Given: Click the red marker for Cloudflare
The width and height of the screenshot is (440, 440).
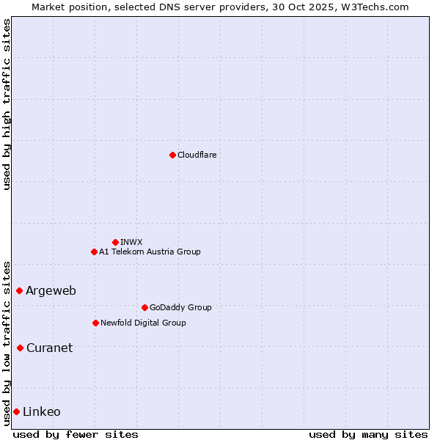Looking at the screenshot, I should (172, 155).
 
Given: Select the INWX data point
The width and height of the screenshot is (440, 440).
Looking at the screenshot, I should (115, 242).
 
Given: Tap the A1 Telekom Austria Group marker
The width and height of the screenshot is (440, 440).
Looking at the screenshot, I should (94, 252).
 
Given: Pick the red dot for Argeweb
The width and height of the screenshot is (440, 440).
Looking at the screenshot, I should (19, 290).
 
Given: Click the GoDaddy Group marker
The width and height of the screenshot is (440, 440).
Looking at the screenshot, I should (144, 307).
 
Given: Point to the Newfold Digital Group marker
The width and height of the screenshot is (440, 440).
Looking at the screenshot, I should (95, 323).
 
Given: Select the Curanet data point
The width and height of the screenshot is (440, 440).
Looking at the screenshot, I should (20, 348).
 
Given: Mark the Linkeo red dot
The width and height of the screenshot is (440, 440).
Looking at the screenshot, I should (16, 411).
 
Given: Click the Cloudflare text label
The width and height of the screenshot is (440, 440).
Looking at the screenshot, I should (197, 155).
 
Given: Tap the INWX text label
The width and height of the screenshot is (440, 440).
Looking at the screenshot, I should (131, 242).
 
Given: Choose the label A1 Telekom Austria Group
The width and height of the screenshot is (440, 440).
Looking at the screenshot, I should (150, 252).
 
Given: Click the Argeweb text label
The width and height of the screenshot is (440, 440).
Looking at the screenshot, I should (51, 290).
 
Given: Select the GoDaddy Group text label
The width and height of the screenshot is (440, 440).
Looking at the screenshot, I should (180, 307).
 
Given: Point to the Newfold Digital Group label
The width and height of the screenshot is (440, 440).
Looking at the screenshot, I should (143, 323).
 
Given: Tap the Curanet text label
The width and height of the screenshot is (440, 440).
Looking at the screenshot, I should (49, 348).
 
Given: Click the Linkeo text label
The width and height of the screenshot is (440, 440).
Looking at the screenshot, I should (42, 411).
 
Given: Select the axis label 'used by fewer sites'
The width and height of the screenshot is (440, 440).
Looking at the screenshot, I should (76, 434).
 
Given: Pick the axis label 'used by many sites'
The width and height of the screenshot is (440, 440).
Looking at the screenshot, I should (368, 434).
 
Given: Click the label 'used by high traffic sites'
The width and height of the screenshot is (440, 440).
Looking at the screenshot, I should (7, 104).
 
